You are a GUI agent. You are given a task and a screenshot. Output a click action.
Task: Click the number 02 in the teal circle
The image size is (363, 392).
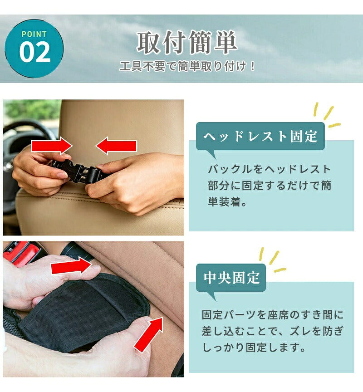pyautogui.click(x=35, y=52)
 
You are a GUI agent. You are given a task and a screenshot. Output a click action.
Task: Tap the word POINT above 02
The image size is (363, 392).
pyautogui.click(x=34, y=34)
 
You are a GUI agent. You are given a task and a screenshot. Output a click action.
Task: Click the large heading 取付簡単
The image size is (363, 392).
pyautogui.click(x=187, y=42)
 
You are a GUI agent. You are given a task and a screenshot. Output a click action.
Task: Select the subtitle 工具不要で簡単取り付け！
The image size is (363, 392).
pyautogui.click(x=187, y=66)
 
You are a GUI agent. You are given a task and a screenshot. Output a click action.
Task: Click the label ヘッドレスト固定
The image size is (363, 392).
pyautogui.click(x=260, y=137)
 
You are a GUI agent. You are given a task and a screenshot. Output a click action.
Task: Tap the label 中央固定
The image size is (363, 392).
pyautogui.click(x=231, y=278)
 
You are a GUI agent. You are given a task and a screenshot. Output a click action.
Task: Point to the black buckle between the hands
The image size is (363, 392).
pyautogui.click(x=78, y=171)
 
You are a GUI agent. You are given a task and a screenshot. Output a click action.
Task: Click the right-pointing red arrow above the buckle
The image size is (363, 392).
pyautogui.click(x=52, y=146)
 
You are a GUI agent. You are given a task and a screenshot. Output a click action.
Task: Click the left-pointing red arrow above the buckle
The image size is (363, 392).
pyautogui.click(x=116, y=146)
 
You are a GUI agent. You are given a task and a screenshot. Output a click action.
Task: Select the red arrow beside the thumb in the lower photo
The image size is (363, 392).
pyautogui.click(x=72, y=265)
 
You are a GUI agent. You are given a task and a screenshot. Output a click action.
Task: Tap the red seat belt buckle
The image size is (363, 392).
pyautogui.click(x=23, y=253)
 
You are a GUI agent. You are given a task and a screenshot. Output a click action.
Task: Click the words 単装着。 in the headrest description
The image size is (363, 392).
pyautogui.click(x=227, y=201)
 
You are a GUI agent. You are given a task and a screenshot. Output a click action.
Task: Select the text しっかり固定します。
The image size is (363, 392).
pyautogui.click(x=253, y=348)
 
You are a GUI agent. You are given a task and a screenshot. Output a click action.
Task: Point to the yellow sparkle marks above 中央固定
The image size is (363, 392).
pyautogui.click(x=273, y=260)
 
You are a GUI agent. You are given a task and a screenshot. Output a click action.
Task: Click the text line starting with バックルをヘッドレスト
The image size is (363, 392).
pyautogui.click(x=269, y=169)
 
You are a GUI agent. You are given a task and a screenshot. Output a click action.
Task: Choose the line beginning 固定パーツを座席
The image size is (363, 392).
pyautogui.click(x=273, y=315)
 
